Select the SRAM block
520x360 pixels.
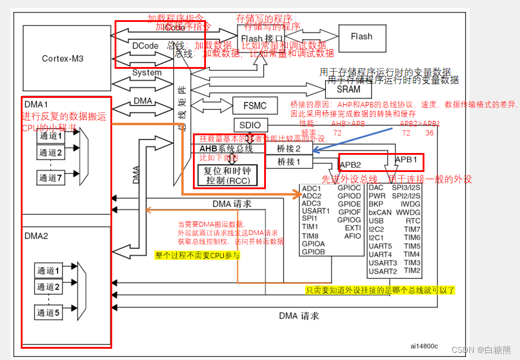coord(348,90)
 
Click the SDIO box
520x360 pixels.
coord(251,125)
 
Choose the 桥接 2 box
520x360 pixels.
coord(289,149)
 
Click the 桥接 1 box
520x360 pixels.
coord(289,161)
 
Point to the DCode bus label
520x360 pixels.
coord(145,45)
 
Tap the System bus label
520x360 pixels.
coord(147,72)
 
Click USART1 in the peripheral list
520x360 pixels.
coord(315,211)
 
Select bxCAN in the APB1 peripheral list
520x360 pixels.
coord(380,212)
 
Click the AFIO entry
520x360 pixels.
coord(352,236)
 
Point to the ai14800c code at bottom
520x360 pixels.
coord(423,346)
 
